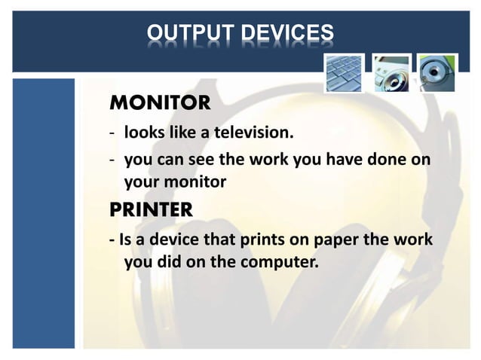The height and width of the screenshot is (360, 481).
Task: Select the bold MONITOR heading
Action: pos(160,101)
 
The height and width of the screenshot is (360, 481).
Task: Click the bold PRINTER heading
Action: pos(151,210)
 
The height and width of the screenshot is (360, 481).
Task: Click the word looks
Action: pos(142,133)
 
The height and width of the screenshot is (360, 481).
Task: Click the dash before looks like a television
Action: pos(112,134)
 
